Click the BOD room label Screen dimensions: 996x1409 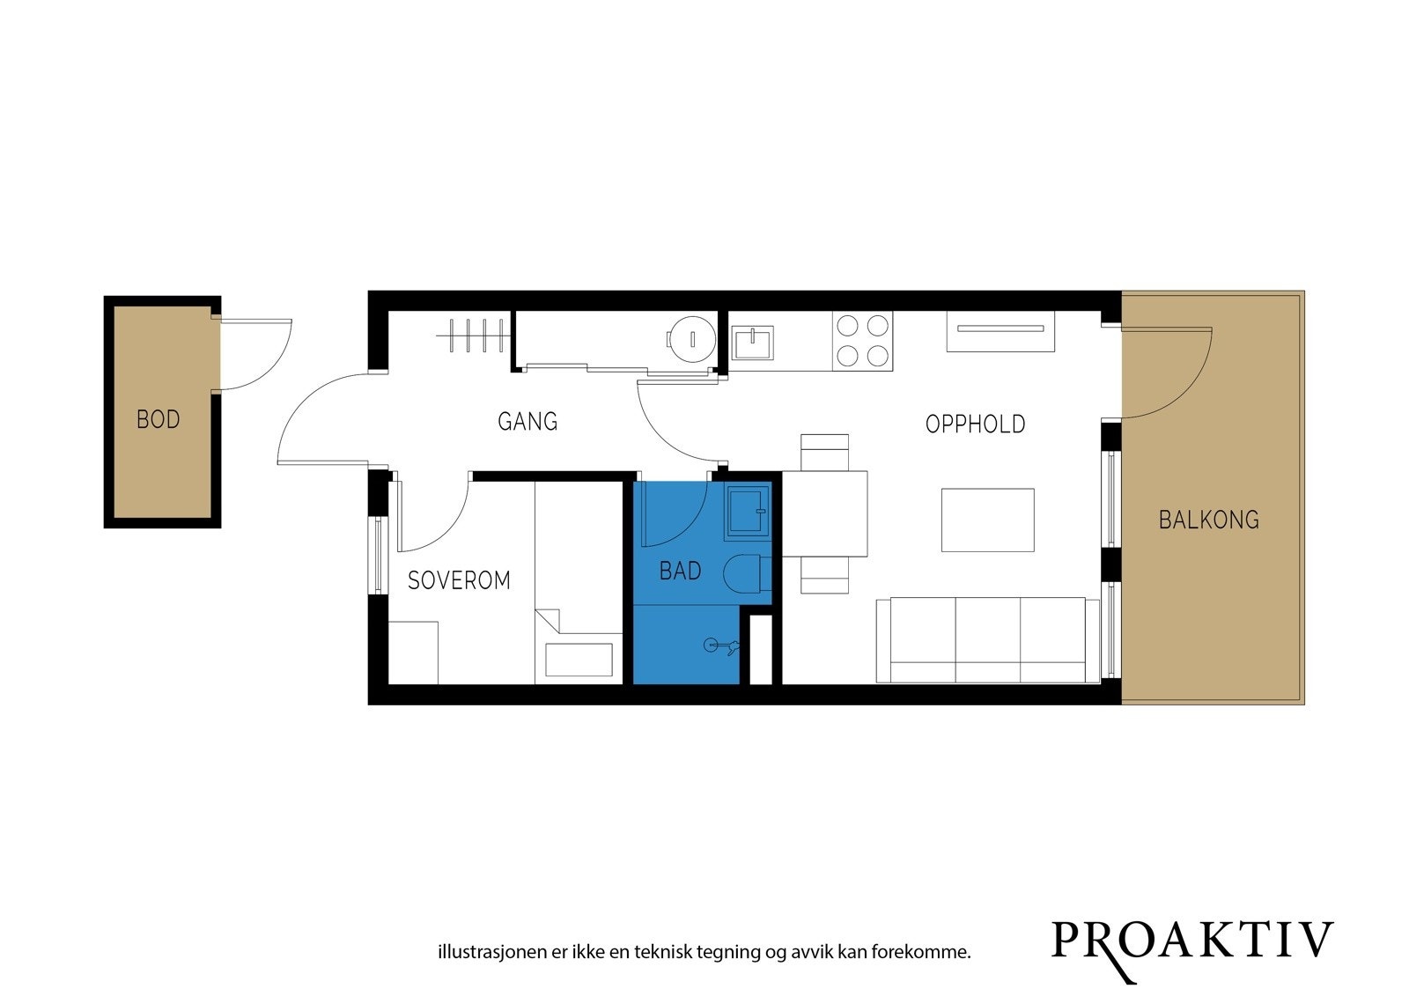tap(159, 419)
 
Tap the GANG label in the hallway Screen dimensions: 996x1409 tap(527, 422)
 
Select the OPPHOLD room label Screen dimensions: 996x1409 tap(975, 424)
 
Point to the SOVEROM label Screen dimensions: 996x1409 tap(459, 580)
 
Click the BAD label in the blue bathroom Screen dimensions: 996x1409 tap(680, 572)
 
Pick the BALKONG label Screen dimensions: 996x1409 tap(1208, 520)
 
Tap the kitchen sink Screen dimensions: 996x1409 tap(753, 343)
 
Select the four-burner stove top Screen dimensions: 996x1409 tap(862, 341)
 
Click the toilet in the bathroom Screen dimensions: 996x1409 tap(747, 575)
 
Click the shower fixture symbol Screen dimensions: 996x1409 tap(721, 647)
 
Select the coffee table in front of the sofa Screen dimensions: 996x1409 tap(987, 520)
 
